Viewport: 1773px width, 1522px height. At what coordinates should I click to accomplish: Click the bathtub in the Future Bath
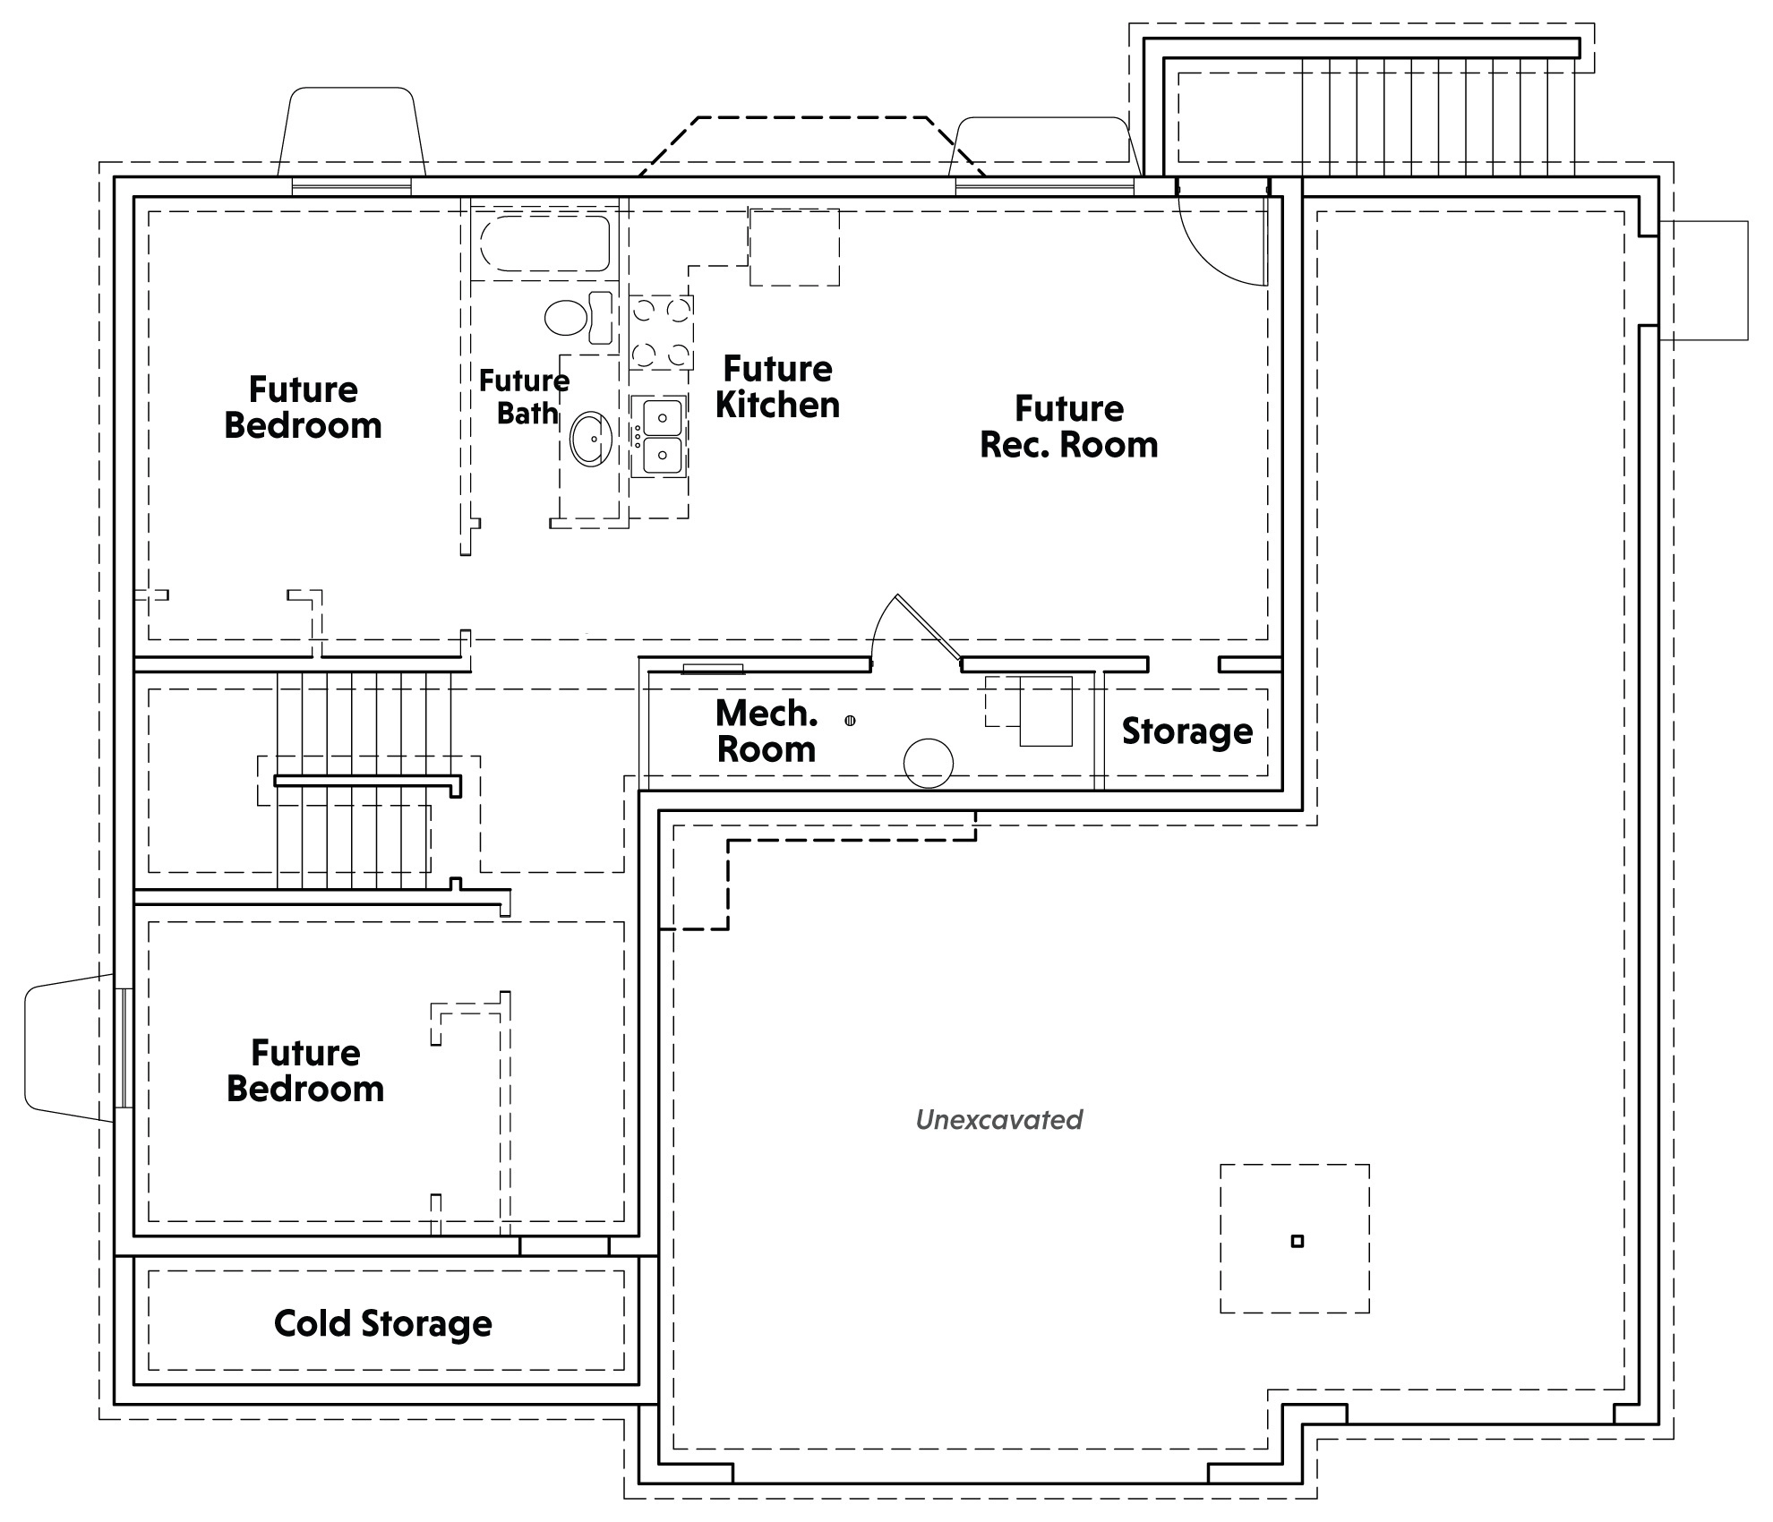(x=544, y=243)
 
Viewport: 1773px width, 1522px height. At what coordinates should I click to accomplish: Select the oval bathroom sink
(x=591, y=439)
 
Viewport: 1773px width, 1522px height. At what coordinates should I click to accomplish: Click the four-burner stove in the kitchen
(x=661, y=333)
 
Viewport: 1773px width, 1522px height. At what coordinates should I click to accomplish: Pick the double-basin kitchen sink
(x=661, y=436)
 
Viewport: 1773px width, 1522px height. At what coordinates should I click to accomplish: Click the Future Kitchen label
(x=777, y=386)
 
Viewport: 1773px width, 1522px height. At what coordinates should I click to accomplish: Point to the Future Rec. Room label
(x=1069, y=426)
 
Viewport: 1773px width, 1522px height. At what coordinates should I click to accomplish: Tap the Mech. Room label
(x=767, y=731)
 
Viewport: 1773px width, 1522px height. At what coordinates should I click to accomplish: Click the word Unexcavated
(x=999, y=1119)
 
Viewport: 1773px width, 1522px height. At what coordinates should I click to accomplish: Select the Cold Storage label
(x=383, y=1323)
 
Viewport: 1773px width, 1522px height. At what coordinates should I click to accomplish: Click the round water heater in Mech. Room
(x=929, y=763)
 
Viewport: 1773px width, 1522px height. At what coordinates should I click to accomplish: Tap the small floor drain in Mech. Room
(x=850, y=720)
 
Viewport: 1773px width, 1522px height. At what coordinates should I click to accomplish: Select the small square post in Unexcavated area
(x=1298, y=1241)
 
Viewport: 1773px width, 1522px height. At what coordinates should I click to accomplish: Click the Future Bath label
(x=525, y=397)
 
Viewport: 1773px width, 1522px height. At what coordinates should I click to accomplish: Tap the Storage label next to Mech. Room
(x=1187, y=731)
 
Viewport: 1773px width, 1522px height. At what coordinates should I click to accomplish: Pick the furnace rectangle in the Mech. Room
(x=1046, y=711)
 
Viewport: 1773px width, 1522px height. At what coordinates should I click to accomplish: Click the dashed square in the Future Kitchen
(x=794, y=247)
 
